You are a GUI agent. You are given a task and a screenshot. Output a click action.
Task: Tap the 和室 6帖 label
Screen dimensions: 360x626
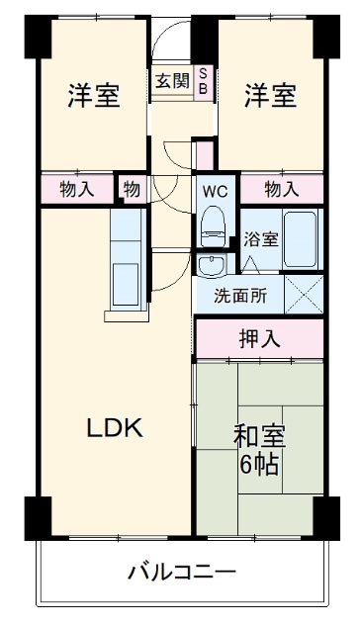pyautogui.click(x=259, y=447)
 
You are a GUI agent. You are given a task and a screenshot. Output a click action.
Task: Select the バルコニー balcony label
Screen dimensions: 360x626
pyautogui.click(x=181, y=572)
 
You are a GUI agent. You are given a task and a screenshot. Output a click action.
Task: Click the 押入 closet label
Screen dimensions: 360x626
pyautogui.click(x=259, y=338)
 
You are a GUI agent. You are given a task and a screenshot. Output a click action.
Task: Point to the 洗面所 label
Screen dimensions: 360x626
pyautogui.click(x=241, y=293)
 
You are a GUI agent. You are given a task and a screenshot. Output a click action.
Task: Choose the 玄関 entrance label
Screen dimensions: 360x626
pyautogui.click(x=170, y=81)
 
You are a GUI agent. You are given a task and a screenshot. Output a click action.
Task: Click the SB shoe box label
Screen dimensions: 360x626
pyautogui.click(x=204, y=81)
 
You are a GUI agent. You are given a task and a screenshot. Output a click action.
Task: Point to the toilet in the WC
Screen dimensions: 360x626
pyautogui.click(x=212, y=224)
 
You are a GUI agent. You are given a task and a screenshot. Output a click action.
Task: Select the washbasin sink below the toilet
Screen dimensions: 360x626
pyautogui.click(x=211, y=265)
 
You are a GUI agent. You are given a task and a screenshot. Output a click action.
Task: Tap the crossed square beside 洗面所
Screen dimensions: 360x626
pyautogui.click(x=304, y=293)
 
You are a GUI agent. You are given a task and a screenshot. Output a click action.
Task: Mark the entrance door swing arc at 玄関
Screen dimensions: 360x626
pyautogui.click(x=170, y=45)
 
